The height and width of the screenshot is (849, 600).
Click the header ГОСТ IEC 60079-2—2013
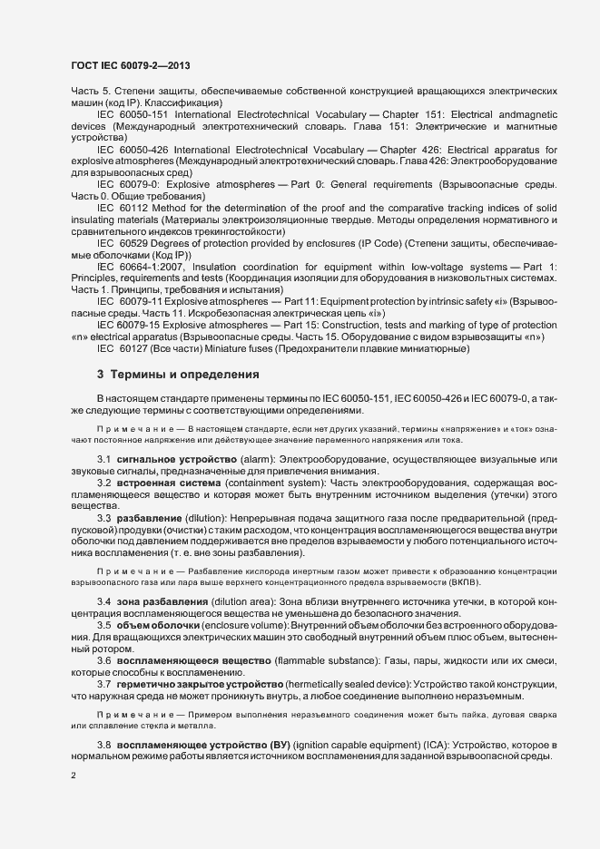click(x=129, y=65)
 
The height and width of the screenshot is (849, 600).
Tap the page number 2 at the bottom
click(x=74, y=776)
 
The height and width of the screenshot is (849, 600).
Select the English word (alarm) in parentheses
click(x=259, y=461)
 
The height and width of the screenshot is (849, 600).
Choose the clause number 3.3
click(x=103, y=518)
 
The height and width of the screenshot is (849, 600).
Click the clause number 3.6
click(x=103, y=659)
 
